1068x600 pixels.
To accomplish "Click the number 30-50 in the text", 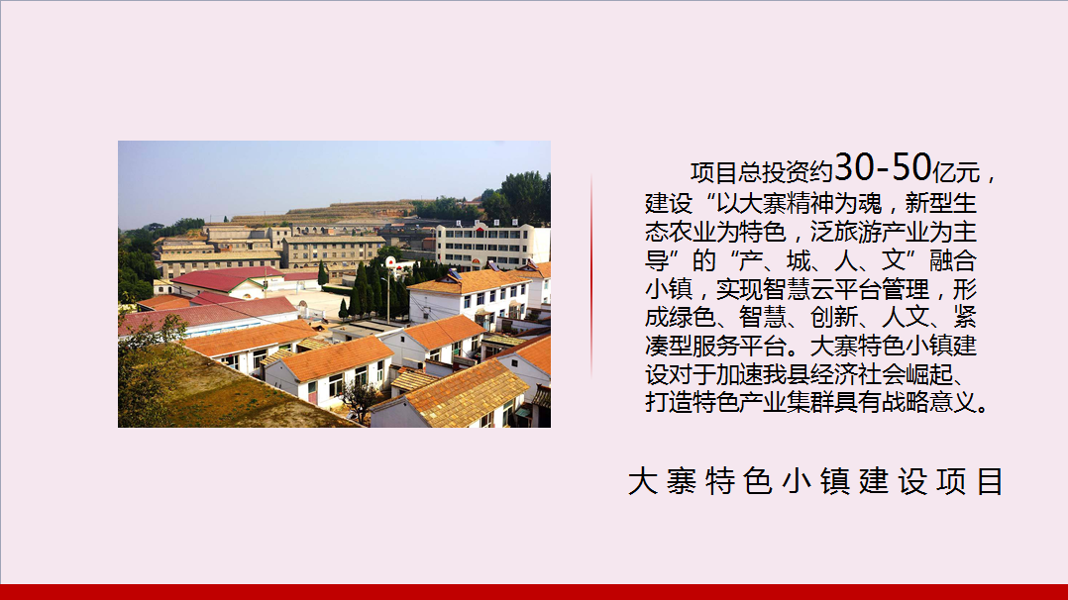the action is click(x=884, y=167).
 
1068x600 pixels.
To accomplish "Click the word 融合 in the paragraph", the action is click(x=953, y=260).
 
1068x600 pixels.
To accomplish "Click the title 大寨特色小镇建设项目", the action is click(x=815, y=481).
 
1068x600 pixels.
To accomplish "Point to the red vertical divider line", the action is click(x=591, y=276).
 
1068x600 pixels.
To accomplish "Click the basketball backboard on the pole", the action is click(x=390, y=262).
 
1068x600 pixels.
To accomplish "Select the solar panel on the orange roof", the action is click(x=452, y=275).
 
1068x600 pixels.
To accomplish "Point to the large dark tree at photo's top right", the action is click(x=519, y=197).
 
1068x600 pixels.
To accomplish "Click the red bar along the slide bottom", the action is click(x=534, y=592).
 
